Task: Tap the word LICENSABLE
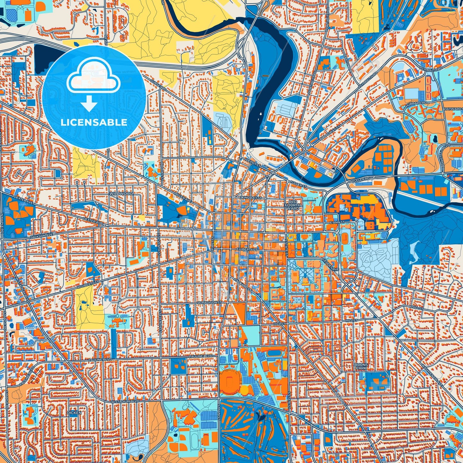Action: coord(94,122)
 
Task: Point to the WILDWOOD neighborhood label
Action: coord(121,194)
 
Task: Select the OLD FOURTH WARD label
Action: coord(293,205)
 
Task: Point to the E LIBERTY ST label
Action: coord(247,249)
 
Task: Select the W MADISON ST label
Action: coord(210,302)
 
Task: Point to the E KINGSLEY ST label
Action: coord(250,198)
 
